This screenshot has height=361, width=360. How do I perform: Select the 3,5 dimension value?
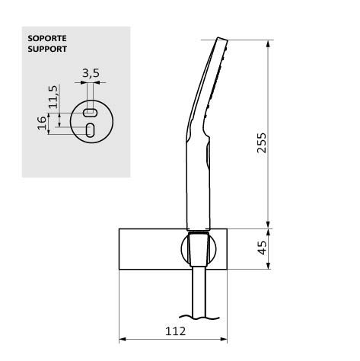(91, 74)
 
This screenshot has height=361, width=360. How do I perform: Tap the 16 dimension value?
(42, 123)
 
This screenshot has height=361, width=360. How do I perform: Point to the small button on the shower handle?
(206, 156)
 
